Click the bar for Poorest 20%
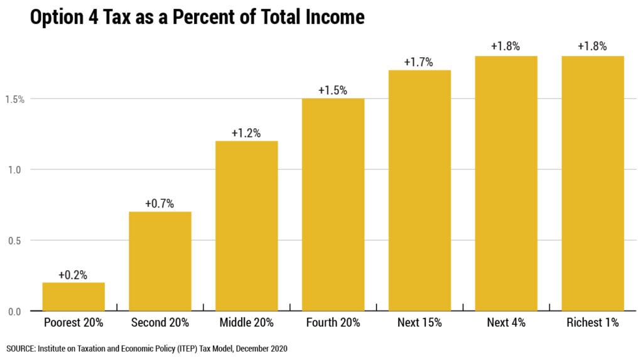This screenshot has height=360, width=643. click(x=73, y=297)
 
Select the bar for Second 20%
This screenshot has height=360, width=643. click(x=160, y=261)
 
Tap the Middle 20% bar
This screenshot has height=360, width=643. click(x=246, y=226)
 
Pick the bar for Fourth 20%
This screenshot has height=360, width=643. click(x=333, y=205)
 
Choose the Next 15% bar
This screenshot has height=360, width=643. click(x=419, y=190)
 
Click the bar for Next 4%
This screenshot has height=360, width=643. click(x=506, y=183)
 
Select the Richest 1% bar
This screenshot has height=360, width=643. click(x=592, y=183)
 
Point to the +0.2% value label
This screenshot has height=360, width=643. click(x=73, y=275)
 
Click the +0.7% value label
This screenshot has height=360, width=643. click(x=160, y=204)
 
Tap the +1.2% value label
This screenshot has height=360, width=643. click(x=246, y=133)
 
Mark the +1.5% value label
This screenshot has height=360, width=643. click(x=333, y=90)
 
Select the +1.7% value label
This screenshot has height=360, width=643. click(x=419, y=62)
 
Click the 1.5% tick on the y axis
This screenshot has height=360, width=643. click(x=16, y=99)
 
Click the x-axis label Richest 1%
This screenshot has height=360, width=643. click(x=592, y=323)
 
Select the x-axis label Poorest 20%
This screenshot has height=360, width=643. click(x=73, y=323)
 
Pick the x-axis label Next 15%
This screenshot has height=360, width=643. click(x=419, y=323)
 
